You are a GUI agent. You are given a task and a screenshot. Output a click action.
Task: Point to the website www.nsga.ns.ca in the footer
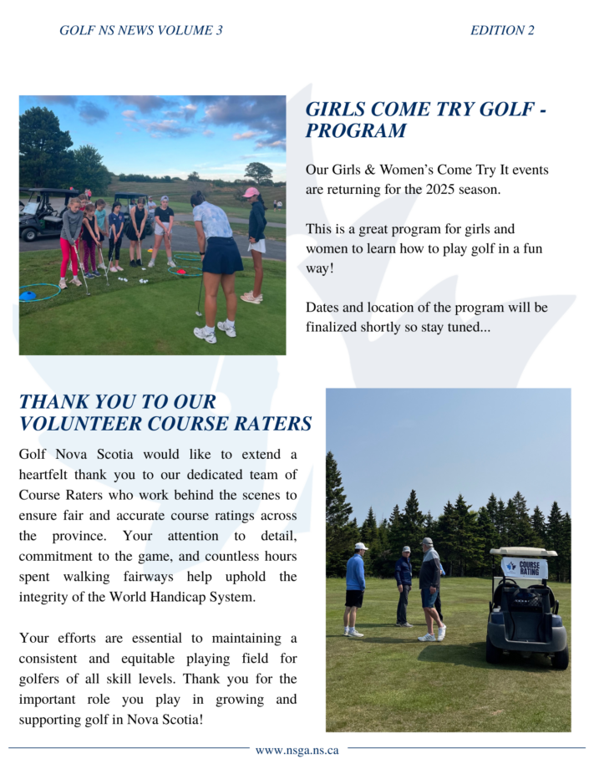pos(297,750)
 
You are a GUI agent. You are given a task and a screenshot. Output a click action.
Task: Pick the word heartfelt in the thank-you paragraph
pos(48,475)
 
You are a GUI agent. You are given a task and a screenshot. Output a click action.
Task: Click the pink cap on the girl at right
pos(251,192)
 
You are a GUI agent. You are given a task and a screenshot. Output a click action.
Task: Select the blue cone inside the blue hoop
pos(29,295)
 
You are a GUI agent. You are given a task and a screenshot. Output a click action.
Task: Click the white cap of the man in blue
pos(360,547)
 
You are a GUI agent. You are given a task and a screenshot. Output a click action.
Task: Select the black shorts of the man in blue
pos(354,598)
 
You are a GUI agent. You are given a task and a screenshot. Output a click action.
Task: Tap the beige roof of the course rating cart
pos(523,553)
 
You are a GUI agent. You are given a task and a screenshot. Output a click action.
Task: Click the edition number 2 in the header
pos(531,31)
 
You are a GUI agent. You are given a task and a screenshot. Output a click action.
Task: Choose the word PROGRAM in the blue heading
pos(356,131)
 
